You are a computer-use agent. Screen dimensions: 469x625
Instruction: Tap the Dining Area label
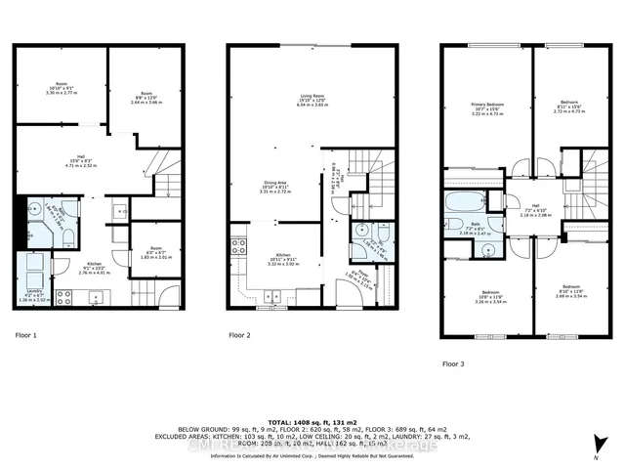[x=272, y=186]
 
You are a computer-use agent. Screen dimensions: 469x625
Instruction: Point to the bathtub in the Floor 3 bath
[x=461, y=206]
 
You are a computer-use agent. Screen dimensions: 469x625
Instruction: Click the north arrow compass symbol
[x=596, y=445]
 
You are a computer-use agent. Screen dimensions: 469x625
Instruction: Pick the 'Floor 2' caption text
[x=239, y=334]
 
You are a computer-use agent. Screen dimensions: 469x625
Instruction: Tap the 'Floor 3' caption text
[x=453, y=362]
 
